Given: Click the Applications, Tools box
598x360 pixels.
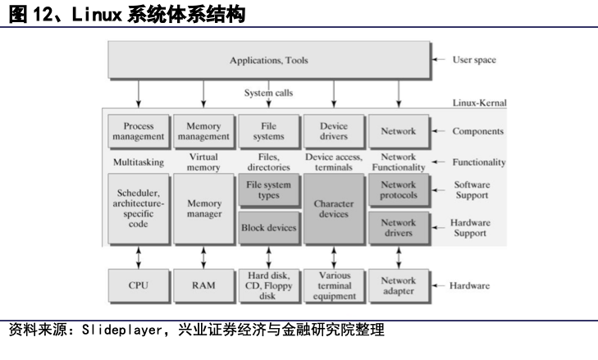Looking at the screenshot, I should click(x=267, y=61).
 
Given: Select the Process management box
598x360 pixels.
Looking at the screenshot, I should click(x=138, y=131).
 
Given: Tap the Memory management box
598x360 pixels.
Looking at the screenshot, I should click(x=203, y=131).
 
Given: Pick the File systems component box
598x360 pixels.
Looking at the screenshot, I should click(x=267, y=131).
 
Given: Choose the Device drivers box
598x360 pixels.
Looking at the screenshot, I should click(x=333, y=131).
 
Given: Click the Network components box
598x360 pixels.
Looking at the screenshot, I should click(x=399, y=131).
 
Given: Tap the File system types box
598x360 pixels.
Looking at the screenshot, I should click(x=267, y=190).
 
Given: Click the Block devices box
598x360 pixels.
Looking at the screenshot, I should click(x=267, y=228).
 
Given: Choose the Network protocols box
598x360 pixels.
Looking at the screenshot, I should click(x=399, y=190).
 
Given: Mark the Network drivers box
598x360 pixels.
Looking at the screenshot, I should click(x=399, y=228).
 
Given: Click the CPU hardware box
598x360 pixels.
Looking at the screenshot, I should click(x=138, y=286).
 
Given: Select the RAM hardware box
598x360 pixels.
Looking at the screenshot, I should click(x=203, y=286).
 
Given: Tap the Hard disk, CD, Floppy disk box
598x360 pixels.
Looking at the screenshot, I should click(x=267, y=286).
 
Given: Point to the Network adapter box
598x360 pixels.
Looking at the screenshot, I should click(x=399, y=286).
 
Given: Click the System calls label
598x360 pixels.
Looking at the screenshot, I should click(x=268, y=93).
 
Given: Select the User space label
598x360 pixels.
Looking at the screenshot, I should click(x=474, y=60).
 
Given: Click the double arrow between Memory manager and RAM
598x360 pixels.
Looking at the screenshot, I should click(x=203, y=256).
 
